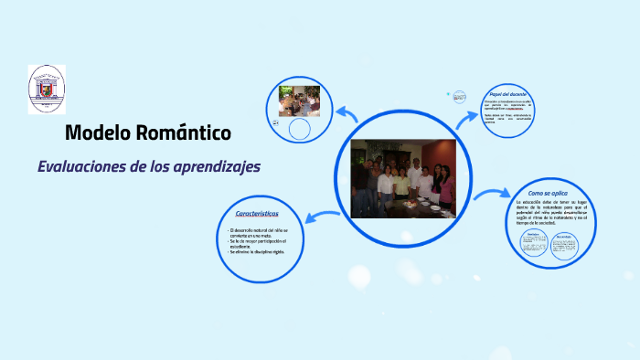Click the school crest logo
point(47,89)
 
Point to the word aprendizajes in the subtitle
point(218,167)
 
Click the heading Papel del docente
point(507,95)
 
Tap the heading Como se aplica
point(547,194)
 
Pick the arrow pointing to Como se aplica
point(492,193)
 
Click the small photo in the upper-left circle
point(299,100)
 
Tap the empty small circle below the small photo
point(299,130)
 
